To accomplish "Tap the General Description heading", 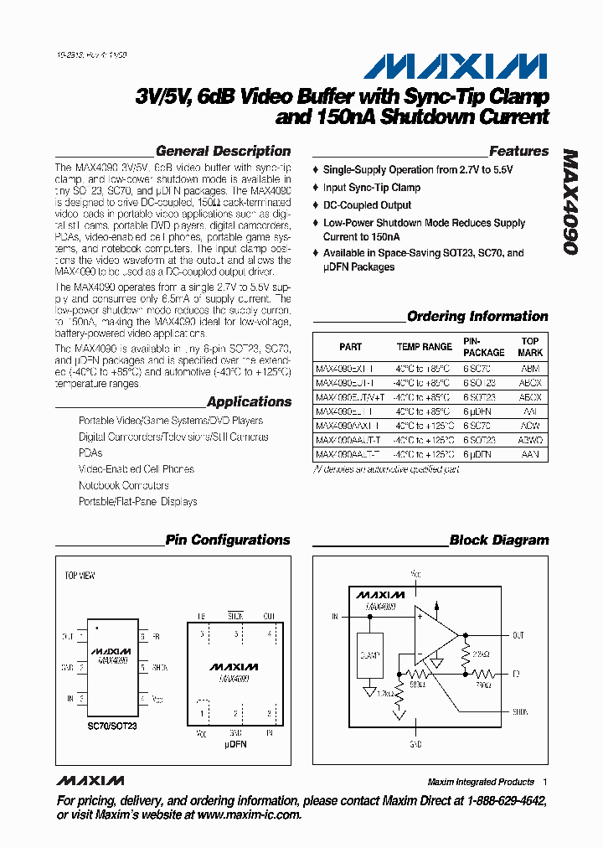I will click(x=223, y=152).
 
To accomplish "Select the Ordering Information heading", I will click(x=477, y=317).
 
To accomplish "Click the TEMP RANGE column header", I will click(x=424, y=347).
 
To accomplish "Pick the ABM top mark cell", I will click(x=529, y=369).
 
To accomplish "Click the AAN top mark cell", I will click(x=529, y=454).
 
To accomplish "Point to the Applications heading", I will click(x=249, y=402).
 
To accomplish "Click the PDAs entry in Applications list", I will click(x=90, y=453).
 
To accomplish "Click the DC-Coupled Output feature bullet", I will click(x=367, y=205).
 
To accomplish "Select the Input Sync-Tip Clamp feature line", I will click(x=371, y=188).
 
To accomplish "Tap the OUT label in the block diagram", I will click(x=518, y=636).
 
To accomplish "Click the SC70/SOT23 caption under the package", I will click(x=111, y=726).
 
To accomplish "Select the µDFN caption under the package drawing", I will click(x=235, y=743).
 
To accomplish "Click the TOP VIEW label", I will click(x=80, y=577).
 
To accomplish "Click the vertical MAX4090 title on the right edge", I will click(x=570, y=202).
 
